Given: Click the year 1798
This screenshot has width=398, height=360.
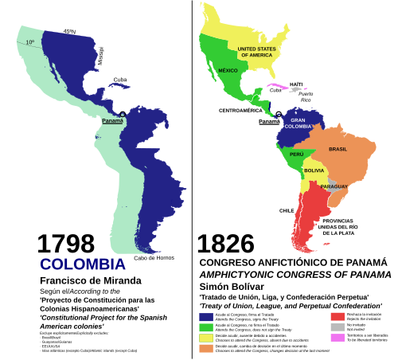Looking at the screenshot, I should click(65, 244).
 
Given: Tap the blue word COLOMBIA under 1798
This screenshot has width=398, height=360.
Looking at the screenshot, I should click(82, 264).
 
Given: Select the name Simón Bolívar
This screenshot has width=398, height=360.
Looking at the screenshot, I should click(232, 286).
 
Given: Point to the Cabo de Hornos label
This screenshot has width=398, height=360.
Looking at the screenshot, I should click(154, 256).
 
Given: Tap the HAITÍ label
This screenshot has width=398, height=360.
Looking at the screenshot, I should click(295, 84).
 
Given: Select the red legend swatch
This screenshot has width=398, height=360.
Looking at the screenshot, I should click(337, 315).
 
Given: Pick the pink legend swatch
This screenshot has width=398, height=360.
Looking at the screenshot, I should click(337, 338).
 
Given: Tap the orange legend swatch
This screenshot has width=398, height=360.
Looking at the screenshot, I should click(205, 348).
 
